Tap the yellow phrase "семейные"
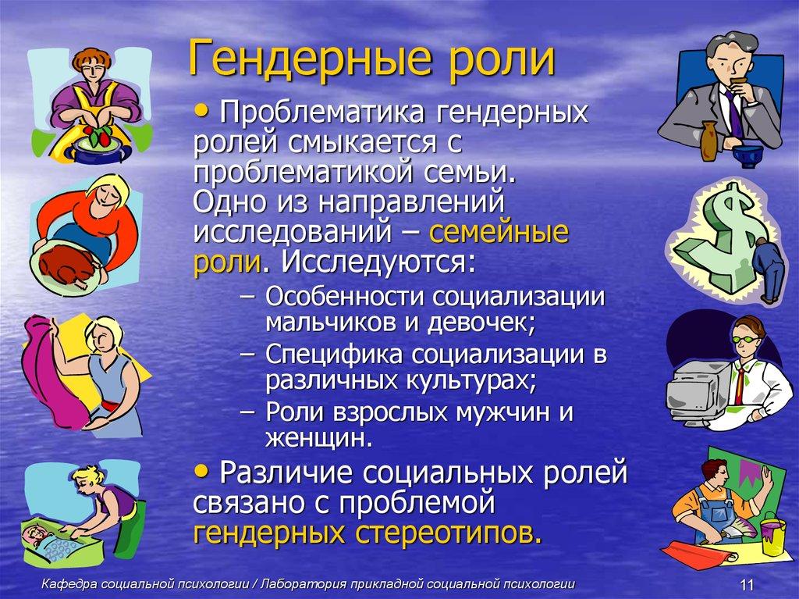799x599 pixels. (499, 233)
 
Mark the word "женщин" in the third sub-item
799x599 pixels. (314, 437)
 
